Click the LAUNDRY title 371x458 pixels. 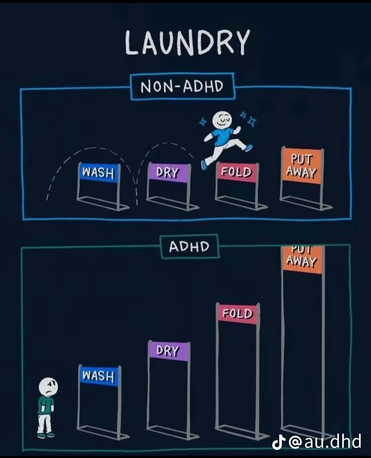pos(187,43)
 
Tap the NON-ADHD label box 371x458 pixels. pos(182,86)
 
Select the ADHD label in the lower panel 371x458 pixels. pos(190,247)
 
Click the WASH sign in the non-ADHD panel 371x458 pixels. pos(98,172)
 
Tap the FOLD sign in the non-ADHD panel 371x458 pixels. pos(237,172)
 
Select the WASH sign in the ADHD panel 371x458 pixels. pos(98,375)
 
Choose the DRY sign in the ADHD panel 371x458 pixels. pos(168,351)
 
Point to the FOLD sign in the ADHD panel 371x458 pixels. pos(237,313)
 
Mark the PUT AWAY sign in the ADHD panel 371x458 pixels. pos(302,259)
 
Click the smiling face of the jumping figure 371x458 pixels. pos(222,120)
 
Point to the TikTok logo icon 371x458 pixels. pos(279,442)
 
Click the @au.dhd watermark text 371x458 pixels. pos(325,441)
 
